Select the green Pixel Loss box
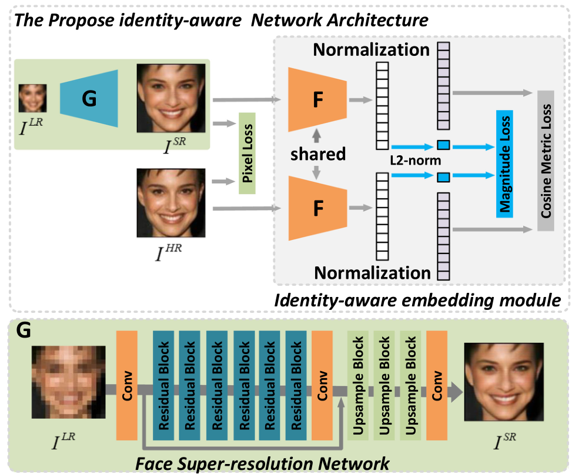[247, 153]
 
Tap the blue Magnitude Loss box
[505, 163]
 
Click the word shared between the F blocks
[317, 154]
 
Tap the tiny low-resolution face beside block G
[32, 98]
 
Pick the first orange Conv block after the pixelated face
[128, 385]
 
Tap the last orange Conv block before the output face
[437, 385]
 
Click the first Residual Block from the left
[165, 385]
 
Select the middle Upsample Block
[383, 385]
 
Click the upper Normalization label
[372, 49]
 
